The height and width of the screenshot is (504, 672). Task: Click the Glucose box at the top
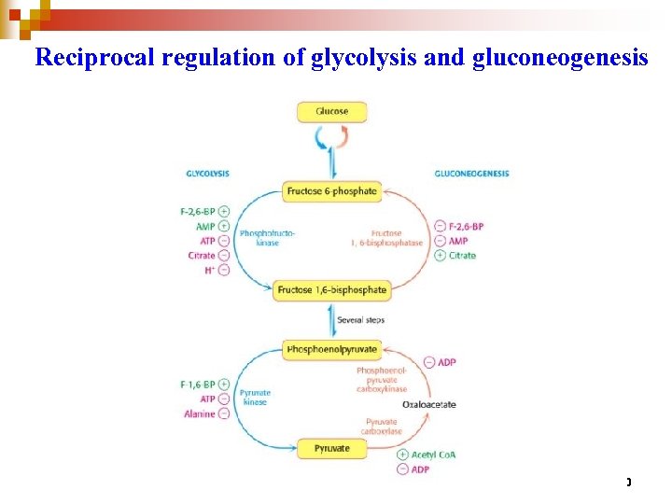[331, 111]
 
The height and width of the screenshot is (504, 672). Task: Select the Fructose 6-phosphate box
[331, 191]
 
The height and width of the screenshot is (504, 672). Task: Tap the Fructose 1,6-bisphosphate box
[331, 290]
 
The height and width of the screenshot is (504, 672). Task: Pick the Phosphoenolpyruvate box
[331, 350]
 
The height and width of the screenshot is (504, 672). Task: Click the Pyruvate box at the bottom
[331, 449]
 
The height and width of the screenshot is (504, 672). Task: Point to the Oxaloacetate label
[429, 404]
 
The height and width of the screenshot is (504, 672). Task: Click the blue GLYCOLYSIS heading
[207, 173]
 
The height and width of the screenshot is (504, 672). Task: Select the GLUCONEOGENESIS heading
[471, 173]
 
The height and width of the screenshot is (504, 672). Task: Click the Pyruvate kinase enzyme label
[255, 398]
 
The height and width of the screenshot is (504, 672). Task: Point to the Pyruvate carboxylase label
[384, 427]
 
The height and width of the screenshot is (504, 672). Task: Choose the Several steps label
[360, 320]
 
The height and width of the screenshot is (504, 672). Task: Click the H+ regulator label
[209, 271]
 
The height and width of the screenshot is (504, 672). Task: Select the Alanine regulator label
[200, 413]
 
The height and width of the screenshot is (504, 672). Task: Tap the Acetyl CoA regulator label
[433, 455]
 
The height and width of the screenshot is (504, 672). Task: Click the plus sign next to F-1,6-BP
[224, 384]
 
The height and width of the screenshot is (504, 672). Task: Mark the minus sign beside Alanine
[224, 413]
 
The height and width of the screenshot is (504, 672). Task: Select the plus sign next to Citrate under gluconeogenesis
[440, 256]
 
